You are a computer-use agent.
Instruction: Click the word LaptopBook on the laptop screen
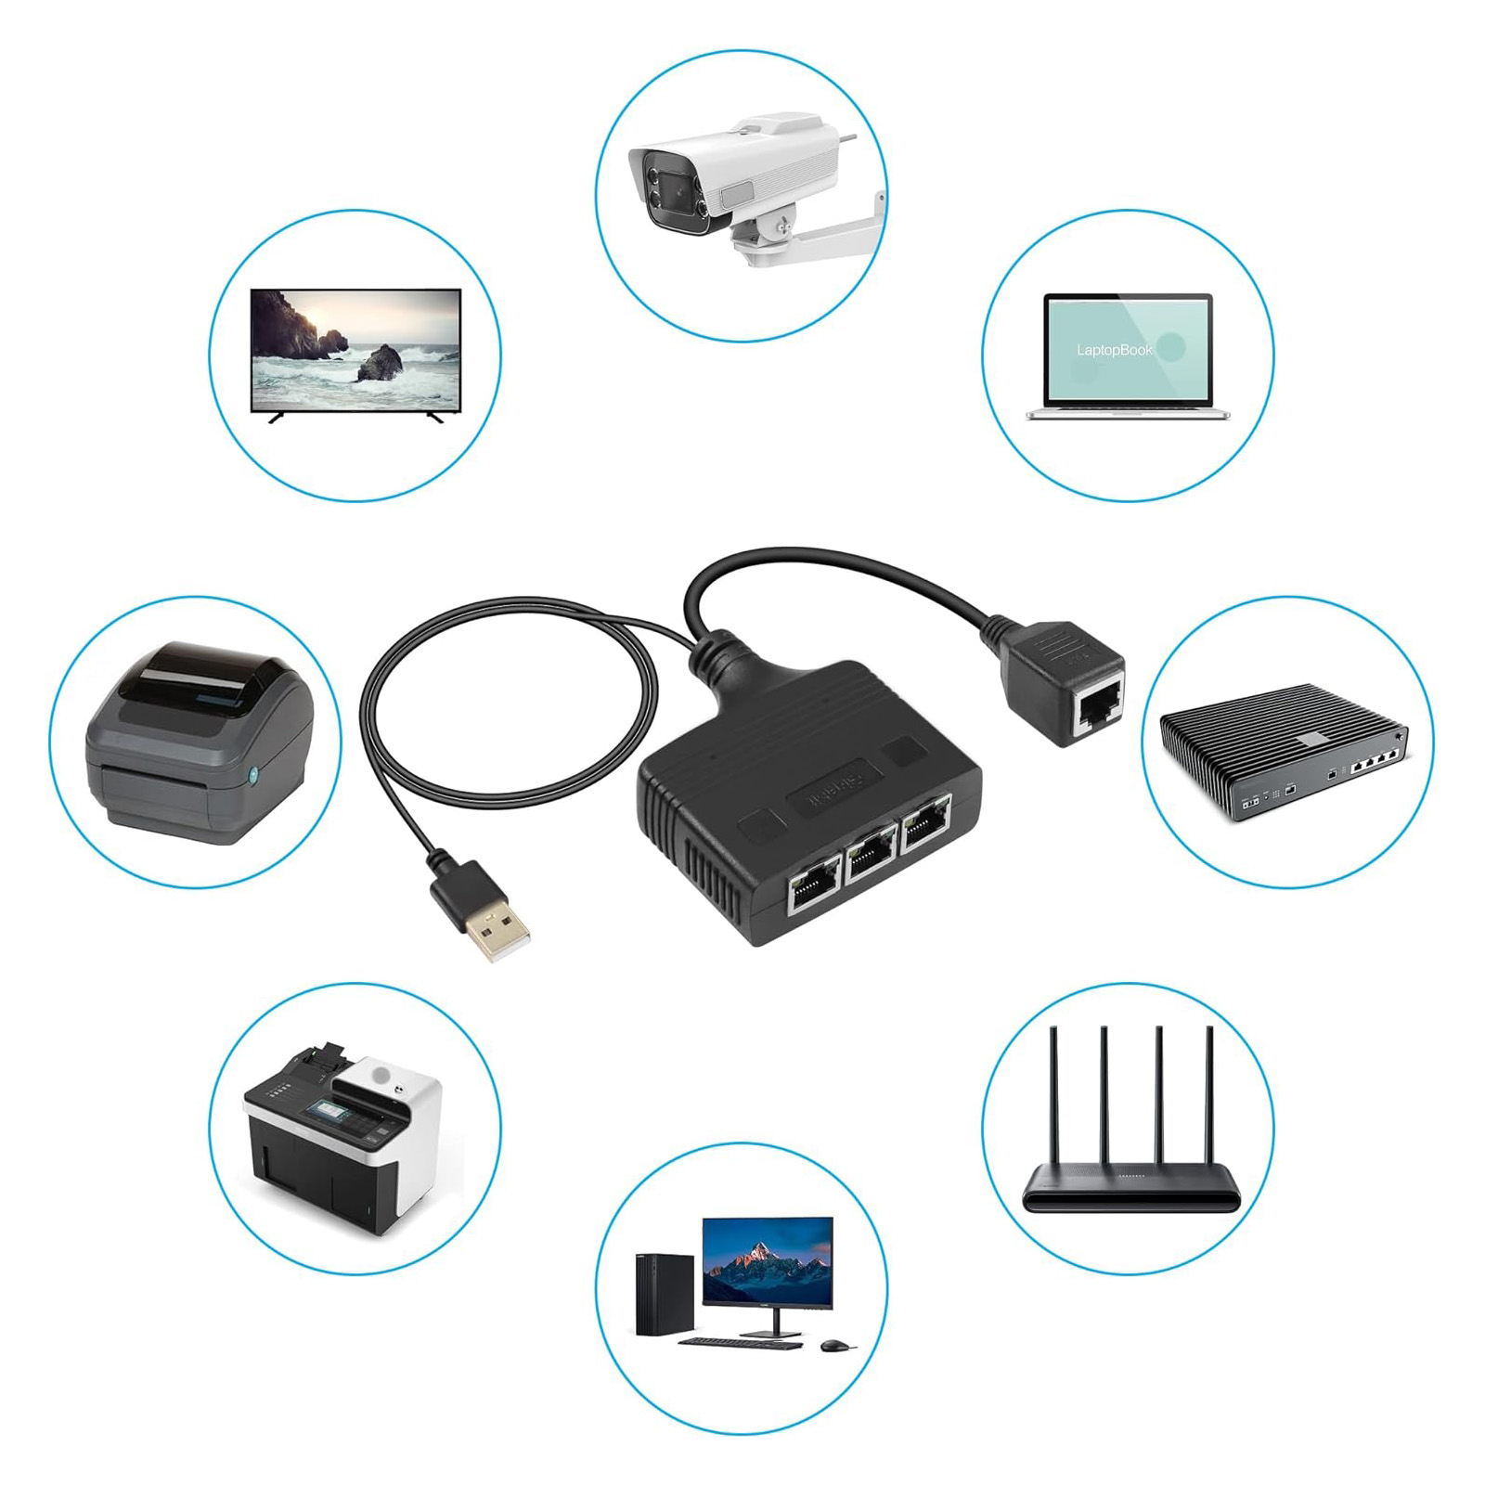pos(1115,350)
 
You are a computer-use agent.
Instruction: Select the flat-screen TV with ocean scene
pos(355,351)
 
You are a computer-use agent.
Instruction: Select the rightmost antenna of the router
pos(1209,1104)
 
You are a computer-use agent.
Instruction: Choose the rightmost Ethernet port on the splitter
pos(925,826)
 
